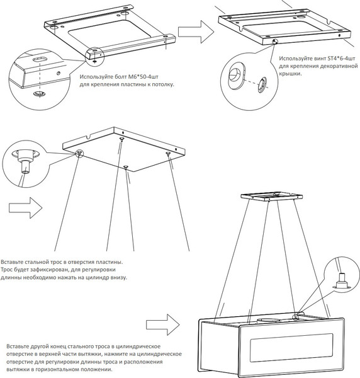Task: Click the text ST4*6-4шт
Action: pos(342,59)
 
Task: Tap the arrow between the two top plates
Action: pos(196,32)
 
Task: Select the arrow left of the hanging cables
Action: pos(26,208)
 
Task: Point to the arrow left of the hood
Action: pos(163,324)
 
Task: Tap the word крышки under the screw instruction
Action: pos(290,74)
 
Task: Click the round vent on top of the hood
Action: pos(269,321)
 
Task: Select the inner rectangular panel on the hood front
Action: pos(291,348)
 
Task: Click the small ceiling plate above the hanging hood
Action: pos(272,196)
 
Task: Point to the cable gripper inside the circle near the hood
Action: pos(341,282)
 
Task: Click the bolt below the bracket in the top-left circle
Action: pos(39,93)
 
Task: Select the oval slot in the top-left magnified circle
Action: pos(40,59)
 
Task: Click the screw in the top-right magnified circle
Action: pos(262,84)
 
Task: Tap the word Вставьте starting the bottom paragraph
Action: pos(18,346)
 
